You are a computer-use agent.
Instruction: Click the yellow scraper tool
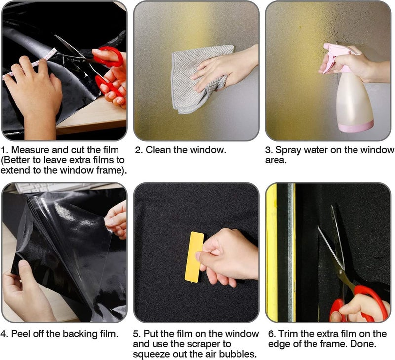[x=194, y=256]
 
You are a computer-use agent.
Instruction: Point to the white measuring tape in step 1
[x=30, y=64]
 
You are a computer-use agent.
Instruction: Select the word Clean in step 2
[x=158, y=150]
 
